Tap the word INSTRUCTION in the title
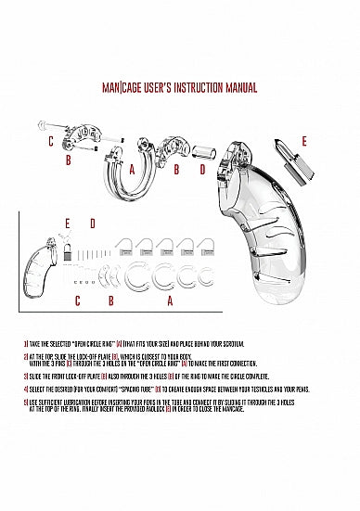(x=190, y=88)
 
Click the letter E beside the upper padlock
(x=304, y=141)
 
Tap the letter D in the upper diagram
(x=202, y=171)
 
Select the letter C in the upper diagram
(x=51, y=142)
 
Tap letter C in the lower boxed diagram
(x=78, y=301)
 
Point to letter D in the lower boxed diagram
(x=92, y=224)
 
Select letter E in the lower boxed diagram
(x=67, y=224)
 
